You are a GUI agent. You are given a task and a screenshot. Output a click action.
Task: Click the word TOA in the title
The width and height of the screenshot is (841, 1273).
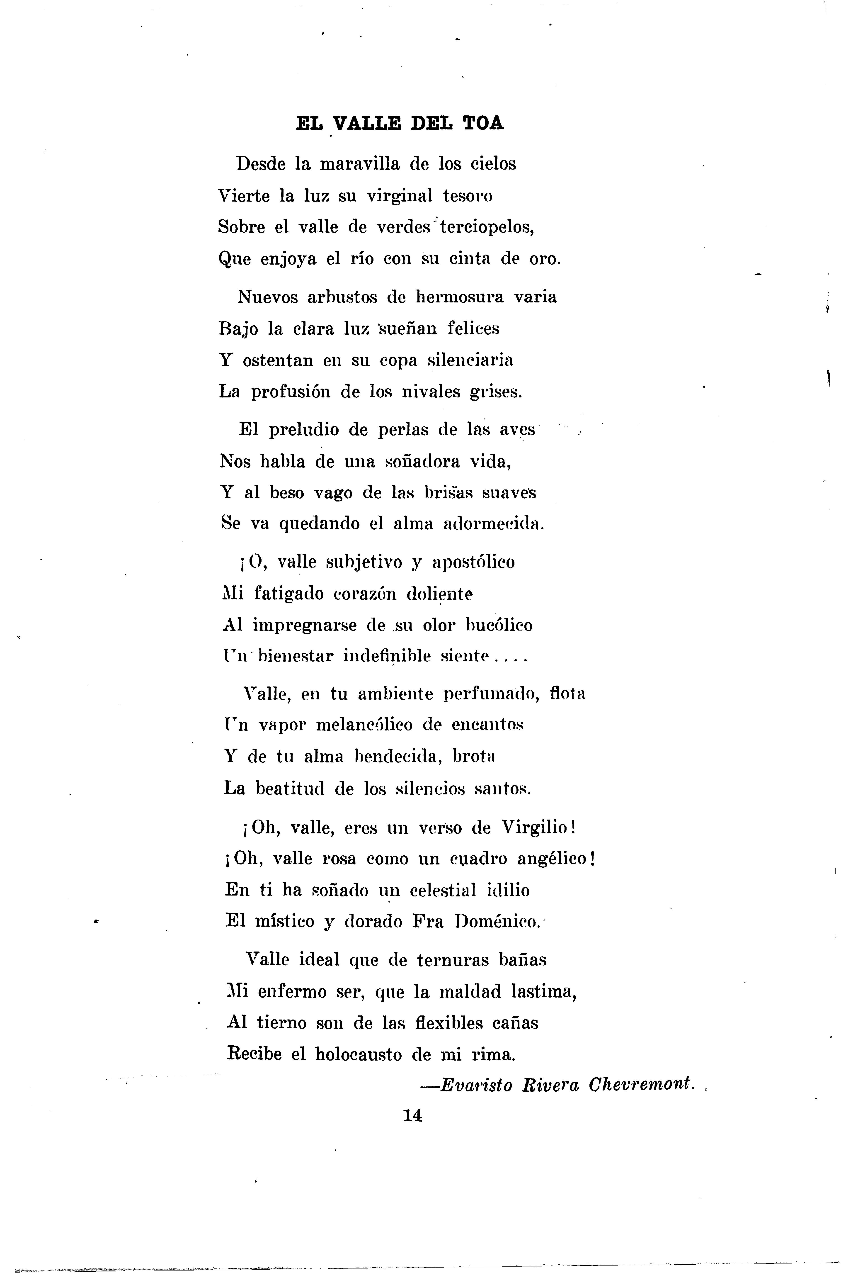tap(483, 123)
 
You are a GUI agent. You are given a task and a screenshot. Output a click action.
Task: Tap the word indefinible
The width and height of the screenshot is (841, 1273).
tap(387, 656)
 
